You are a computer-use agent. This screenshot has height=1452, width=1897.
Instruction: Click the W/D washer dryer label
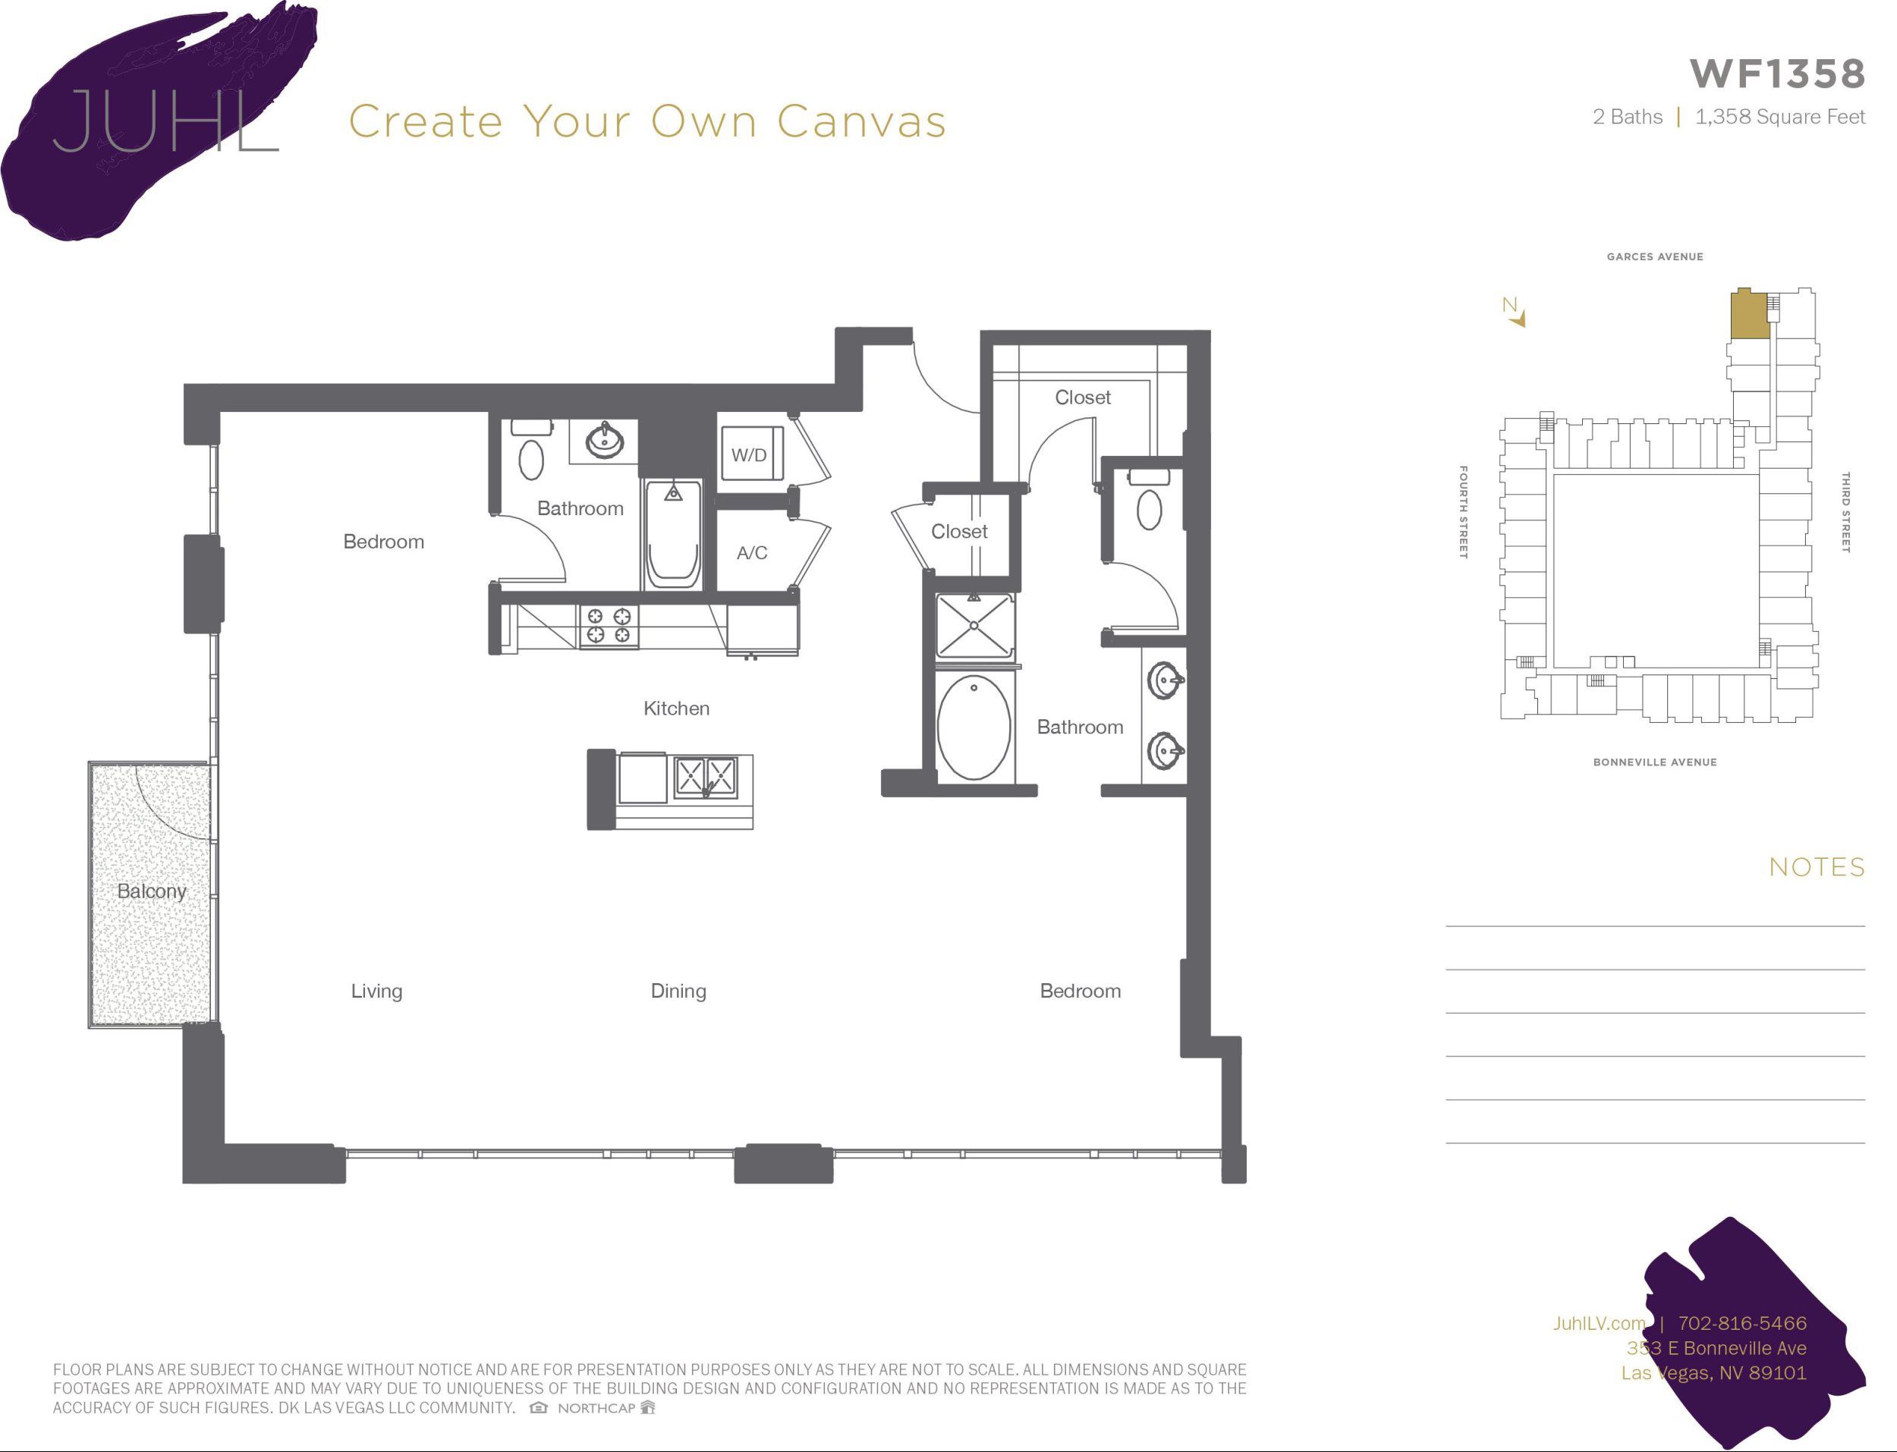pyautogui.click(x=748, y=455)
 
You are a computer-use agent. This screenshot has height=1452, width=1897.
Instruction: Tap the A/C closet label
pyautogui.click(x=751, y=553)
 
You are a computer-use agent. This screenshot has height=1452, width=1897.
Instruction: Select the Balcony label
pyautogui.click(x=151, y=891)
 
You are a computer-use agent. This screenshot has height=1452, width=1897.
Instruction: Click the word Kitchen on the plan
pyautogui.click(x=676, y=709)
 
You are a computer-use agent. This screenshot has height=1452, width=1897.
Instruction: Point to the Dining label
pyautogui.click(x=678, y=992)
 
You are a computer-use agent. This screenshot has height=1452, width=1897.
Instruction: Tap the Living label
pyautogui.click(x=376, y=992)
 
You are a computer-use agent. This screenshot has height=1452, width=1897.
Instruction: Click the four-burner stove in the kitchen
pyautogui.click(x=609, y=626)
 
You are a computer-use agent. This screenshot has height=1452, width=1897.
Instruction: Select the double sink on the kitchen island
pyautogui.click(x=705, y=775)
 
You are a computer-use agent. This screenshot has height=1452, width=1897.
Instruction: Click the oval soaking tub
pyautogui.click(x=974, y=728)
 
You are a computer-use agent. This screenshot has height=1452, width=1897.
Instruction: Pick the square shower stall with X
pyautogui.click(x=974, y=625)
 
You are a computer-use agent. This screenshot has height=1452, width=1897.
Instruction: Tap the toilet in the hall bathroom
pyautogui.click(x=530, y=458)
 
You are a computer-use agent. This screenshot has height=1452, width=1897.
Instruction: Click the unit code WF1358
pyautogui.click(x=1777, y=74)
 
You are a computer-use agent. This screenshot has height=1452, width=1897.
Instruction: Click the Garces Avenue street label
pyautogui.click(x=1654, y=256)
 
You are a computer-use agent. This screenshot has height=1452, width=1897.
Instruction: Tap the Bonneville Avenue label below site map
pyautogui.click(x=1654, y=762)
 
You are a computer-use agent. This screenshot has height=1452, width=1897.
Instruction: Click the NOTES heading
pyautogui.click(x=1817, y=867)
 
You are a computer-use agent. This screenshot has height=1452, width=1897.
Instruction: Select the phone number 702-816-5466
pyautogui.click(x=1741, y=1323)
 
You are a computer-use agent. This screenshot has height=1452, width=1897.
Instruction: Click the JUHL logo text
pyautogui.click(x=164, y=121)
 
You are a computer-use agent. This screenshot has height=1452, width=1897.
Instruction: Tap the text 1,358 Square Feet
pyautogui.click(x=1779, y=117)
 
